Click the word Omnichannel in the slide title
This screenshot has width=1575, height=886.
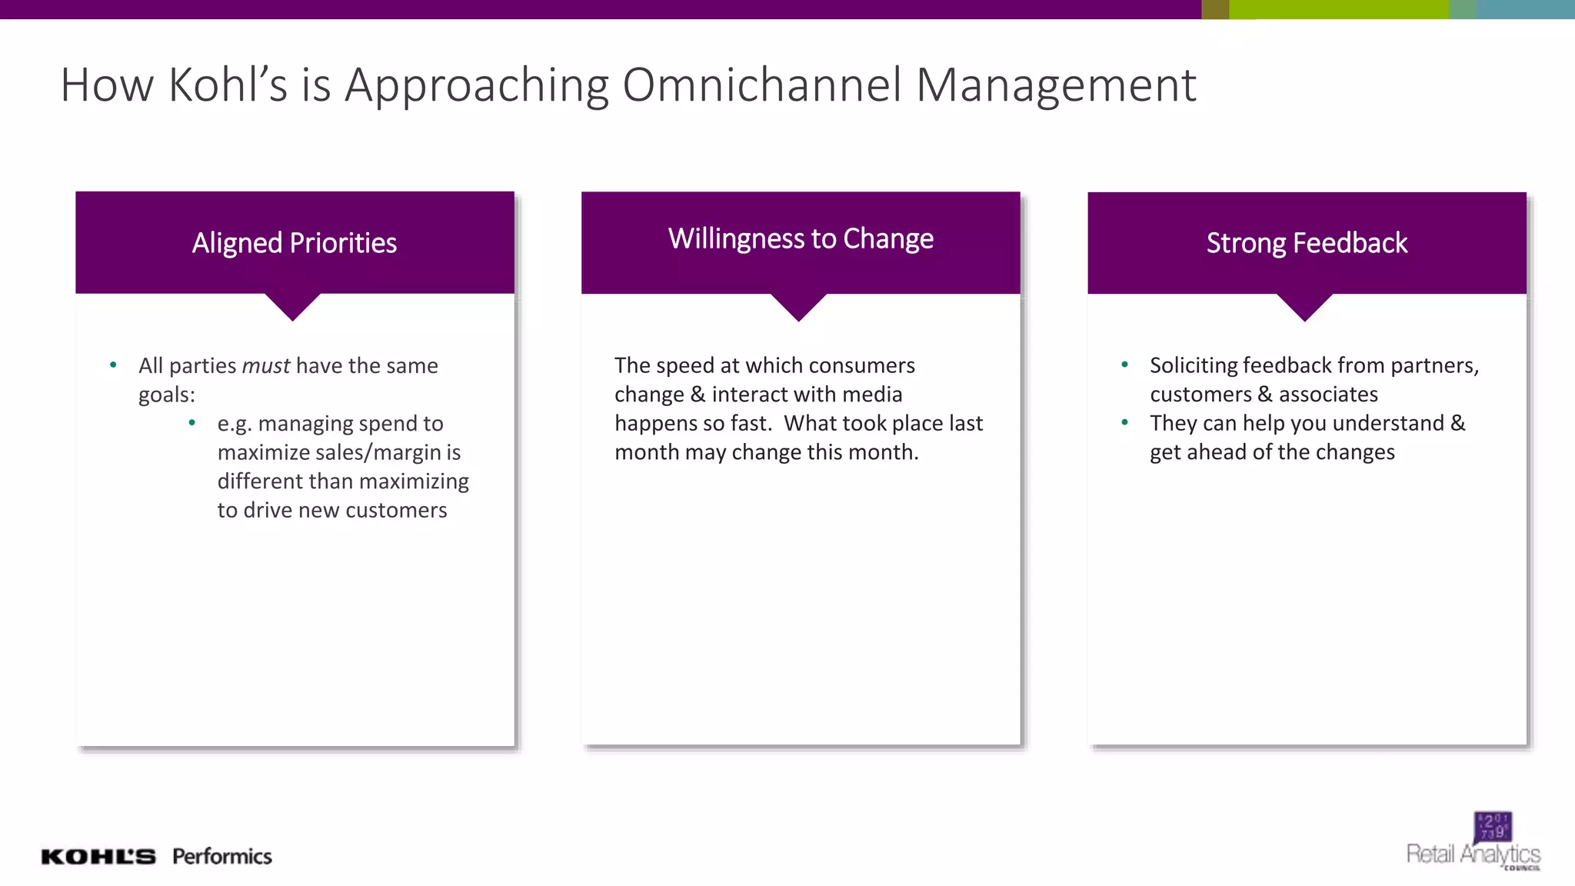point(761,85)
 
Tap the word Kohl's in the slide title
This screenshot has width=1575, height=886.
point(228,85)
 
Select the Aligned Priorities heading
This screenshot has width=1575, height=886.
point(295,243)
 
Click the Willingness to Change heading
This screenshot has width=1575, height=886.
point(801,238)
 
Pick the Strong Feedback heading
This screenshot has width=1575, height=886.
point(1307,243)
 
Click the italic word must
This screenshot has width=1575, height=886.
point(266,365)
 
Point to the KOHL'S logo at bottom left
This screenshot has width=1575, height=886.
point(98,857)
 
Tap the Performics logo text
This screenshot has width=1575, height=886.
point(222,856)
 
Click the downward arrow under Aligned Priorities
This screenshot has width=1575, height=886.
point(293,305)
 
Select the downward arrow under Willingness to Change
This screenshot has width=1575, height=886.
point(799,306)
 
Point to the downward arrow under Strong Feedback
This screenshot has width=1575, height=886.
point(1305,306)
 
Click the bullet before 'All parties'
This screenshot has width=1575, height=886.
point(114,365)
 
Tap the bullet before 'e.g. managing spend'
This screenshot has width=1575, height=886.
point(192,422)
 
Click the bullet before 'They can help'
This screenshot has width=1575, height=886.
point(1125,422)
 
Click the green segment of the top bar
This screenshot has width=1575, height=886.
point(1338,9)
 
